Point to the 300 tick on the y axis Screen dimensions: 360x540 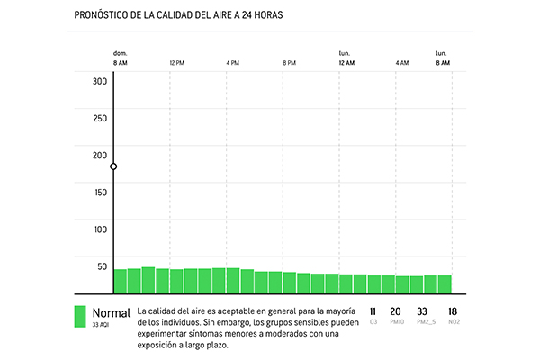pos(100,81)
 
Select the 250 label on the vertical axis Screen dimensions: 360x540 pos(100,118)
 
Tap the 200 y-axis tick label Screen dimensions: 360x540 pos(100,155)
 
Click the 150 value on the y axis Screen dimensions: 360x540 pos(100,192)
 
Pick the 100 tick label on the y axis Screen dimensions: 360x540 pos(100,229)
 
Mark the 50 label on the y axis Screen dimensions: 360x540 pos(102,265)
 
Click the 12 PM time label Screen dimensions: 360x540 pos(176,63)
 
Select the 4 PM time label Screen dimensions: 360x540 pos(233,63)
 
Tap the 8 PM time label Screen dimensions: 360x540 pos(289,63)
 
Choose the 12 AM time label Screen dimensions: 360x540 pos(346,63)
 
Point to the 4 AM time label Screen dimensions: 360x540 pos(402,63)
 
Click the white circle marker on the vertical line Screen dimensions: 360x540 pos(113,166)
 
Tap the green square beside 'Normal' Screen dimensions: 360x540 pos(80,315)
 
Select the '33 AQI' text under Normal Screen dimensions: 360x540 pos(102,324)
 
